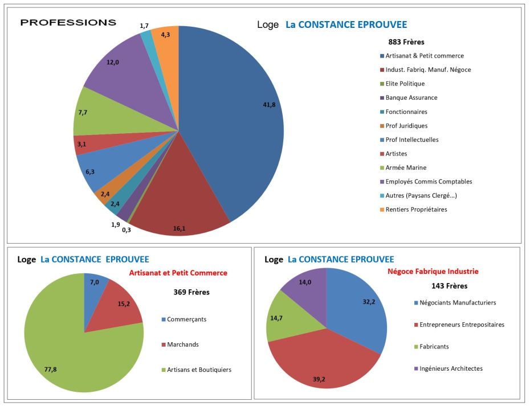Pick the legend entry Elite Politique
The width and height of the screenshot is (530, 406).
[405, 84]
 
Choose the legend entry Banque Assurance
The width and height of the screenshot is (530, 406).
[411, 97]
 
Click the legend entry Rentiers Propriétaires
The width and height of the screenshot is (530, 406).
[416, 210]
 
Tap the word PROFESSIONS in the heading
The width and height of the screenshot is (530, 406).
[68, 23]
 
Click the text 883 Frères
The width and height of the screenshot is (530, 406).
[406, 42]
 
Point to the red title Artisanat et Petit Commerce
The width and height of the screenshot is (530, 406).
[178, 273]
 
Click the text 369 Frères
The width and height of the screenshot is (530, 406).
[191, 292]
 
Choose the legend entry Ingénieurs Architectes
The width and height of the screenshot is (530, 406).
[451, 368]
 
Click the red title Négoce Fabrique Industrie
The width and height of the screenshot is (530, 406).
[433, 271]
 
